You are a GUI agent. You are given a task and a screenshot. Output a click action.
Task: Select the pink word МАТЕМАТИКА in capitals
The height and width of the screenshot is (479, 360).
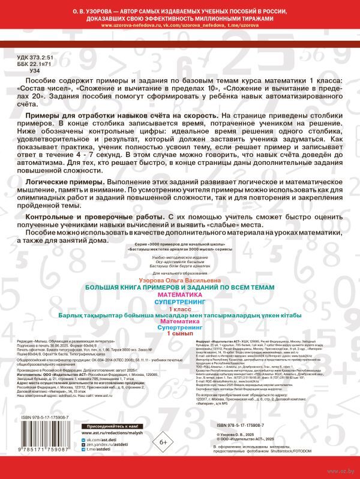coord(180,294)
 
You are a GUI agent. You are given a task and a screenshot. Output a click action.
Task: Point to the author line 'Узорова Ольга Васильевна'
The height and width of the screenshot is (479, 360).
coord(180,280)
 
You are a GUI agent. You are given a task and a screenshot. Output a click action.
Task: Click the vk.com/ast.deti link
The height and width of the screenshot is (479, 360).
coord(103,423)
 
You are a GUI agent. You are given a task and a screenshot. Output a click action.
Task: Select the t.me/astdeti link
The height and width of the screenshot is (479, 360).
coord(100,439)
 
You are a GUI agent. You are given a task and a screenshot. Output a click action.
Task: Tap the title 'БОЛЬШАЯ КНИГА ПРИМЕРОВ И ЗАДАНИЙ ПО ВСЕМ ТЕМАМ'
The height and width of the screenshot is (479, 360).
coord(180,287)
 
